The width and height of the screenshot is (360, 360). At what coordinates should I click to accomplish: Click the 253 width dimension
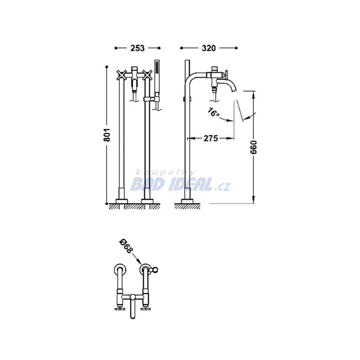(x=138, y=48)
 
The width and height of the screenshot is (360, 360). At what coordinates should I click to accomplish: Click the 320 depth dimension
(x=209, y=48)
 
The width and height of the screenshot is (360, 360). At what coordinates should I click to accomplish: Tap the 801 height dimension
(x=107, y=135)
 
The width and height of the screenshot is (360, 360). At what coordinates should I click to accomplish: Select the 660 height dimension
(x=254, y=147)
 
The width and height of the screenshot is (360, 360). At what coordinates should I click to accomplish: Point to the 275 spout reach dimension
(x=211, y=139)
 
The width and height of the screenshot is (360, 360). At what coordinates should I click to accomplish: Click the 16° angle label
(x=213, y=112)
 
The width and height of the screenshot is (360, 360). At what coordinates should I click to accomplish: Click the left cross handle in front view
(x=121, y=75)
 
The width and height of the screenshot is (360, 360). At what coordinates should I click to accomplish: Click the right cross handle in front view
(x=147, y=75)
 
